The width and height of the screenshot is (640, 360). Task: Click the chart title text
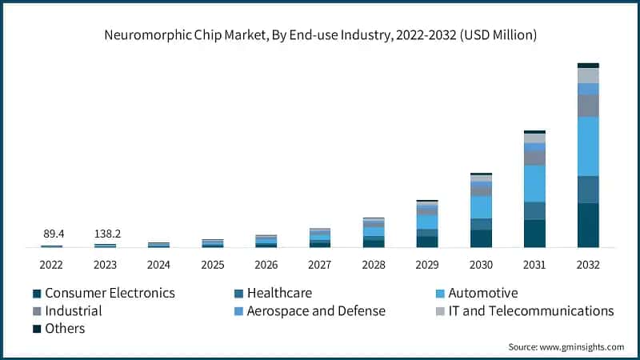[x=320, y=35]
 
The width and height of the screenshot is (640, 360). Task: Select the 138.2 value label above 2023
[x=105, y=234]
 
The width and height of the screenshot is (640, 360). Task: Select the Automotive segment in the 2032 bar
[x=588, y=146]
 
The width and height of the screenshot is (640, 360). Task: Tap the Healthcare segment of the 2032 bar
[x=588, y=190]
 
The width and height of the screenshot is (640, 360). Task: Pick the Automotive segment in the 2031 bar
[x=534, y=183]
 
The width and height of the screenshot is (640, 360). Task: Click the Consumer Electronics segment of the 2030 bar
[x=481, y=238]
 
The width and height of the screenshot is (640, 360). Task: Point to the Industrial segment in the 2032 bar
[x=588, y=106]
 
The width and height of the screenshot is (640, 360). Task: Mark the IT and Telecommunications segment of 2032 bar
[x=588, y=76]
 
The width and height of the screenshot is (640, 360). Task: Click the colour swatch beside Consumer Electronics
[x=36, y=294]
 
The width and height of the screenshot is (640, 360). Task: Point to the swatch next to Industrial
[x=36, y=311]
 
